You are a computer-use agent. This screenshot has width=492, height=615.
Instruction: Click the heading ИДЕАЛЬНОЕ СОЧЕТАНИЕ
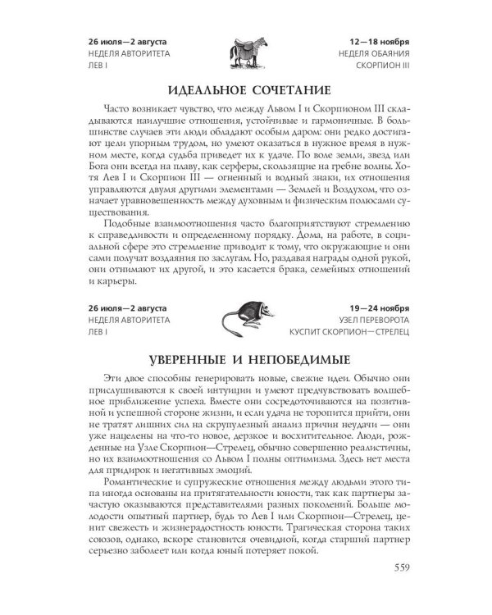247,88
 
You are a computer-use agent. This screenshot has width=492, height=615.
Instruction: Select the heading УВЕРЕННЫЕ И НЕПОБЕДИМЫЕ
246,360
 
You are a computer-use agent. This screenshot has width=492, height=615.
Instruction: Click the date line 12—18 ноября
378,42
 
